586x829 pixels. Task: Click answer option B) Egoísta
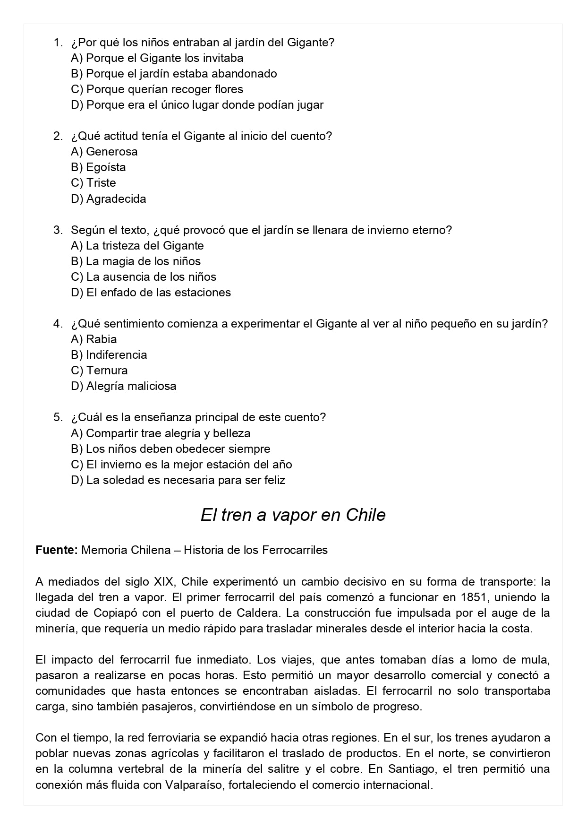[x=98, y=167]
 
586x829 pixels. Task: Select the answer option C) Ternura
[x=99, y=371]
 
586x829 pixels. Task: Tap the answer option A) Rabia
[x=93, y=339]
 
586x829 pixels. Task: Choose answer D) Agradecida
[x=108, y=199]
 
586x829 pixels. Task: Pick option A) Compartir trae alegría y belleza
[x=161, y=433]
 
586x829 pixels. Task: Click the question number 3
[x=58, y=230]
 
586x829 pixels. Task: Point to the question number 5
[x=58, y=417]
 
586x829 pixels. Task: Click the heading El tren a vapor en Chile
[x=293, y=515]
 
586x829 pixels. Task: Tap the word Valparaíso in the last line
[x=193, y=785]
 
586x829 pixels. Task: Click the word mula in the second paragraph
[x=537, y=660]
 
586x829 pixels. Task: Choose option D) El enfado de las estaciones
[x=151, y=293]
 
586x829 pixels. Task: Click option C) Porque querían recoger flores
[x=157, y=89]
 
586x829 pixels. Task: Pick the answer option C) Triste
[x=93, y=183]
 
